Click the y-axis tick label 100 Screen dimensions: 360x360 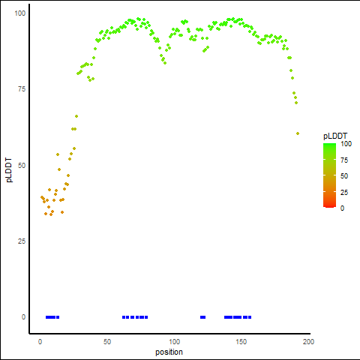pos(20,13)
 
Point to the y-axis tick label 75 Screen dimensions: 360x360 pos(22,89)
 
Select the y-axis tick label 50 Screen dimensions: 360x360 pos(22,165)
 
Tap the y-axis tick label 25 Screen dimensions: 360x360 pos(22,241)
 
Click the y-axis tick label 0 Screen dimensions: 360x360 pos(23,317)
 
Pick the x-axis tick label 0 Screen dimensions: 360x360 pos(40,342)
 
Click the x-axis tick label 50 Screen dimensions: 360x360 pos(107,342)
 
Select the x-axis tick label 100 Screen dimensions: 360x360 pos(174,342)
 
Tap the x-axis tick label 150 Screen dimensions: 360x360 pos(241,342)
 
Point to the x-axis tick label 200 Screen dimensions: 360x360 pos(308,342)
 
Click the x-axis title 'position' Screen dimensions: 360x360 pos(169,352)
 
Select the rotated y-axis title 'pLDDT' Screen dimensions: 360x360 pos(9,170)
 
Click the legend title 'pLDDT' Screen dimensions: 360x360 pos(335,136)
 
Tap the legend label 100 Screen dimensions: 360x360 pos(346,144)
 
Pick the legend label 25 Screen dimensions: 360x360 pos(344,192)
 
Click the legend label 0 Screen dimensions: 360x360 pos(342,208)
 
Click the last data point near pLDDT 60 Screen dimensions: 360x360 pos(298,133)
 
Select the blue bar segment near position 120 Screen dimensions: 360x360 pos(202,317)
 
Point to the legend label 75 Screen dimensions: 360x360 pos(344,160)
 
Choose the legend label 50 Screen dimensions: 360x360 pos(344,176)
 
